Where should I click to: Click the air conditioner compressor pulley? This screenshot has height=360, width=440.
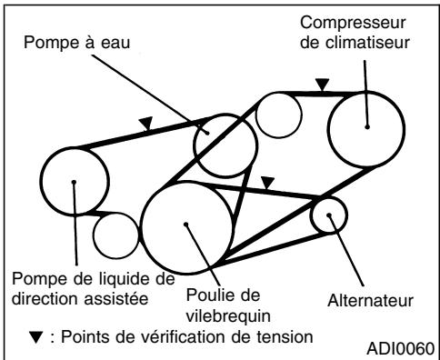[x=365, y=125]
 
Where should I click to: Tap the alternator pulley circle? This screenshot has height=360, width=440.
[x=328, y=216]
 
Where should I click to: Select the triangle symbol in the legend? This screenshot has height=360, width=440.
[x=35, y=336]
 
